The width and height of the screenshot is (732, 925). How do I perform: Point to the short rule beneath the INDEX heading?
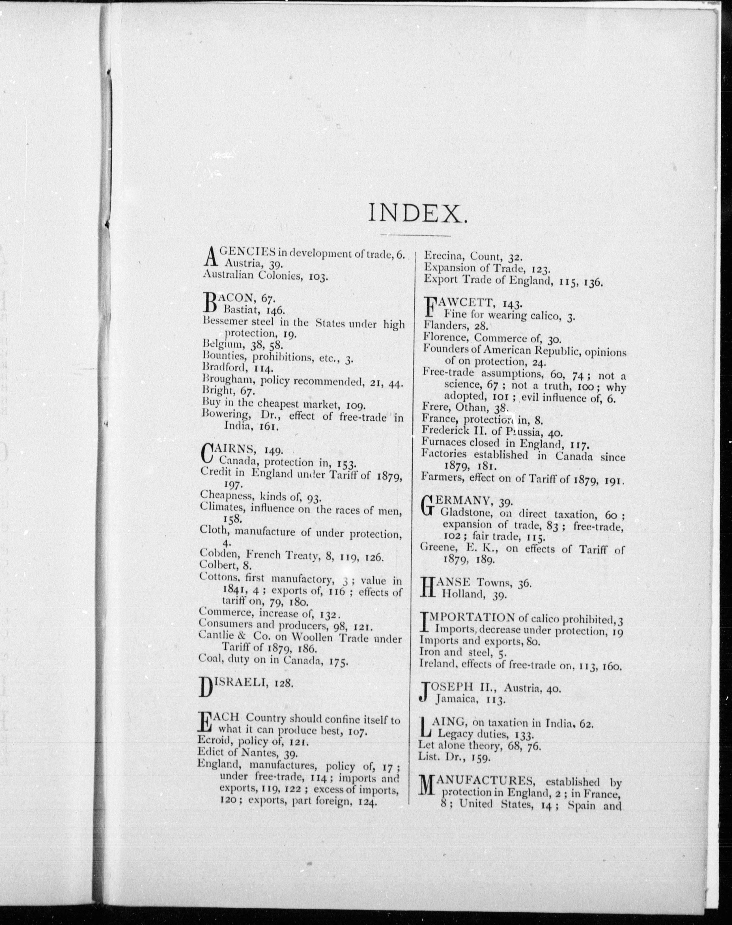[x=415, y=235]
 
